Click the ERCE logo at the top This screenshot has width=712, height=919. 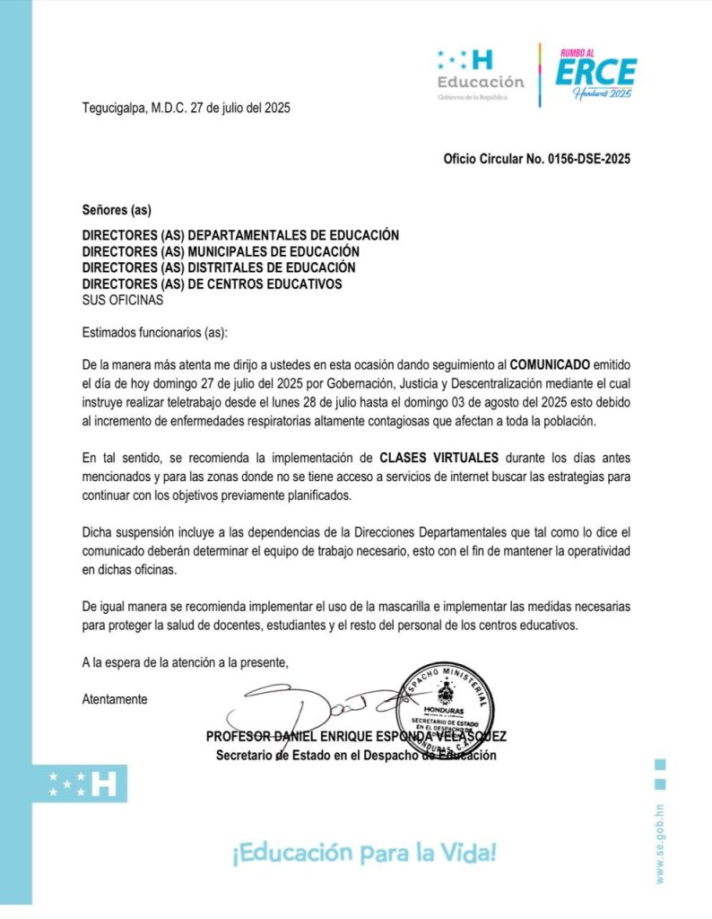click(x=595, y=74)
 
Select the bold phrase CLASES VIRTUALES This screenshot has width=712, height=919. click(x=434, y=458)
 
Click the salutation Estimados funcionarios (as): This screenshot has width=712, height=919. click(x=155, y=332)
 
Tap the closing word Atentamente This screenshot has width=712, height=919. click(x=115, y=698)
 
